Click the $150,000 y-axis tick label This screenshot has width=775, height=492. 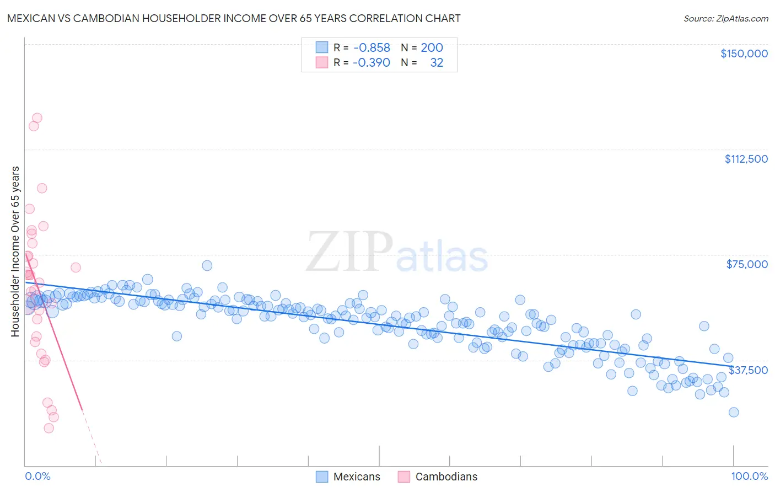pyautogui.click(x=744, y=54)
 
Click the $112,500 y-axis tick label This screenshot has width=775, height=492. pyautogui.click(x=746, y=159)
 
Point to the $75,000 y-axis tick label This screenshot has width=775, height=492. pyautogui.click(x=747, y=264)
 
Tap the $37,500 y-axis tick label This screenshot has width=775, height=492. pyautogui.click(x=748, y=370)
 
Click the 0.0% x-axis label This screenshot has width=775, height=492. pyautogui.click(x=37, y=476)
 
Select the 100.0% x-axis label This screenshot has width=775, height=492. pyautogui.click(x=749, y=476)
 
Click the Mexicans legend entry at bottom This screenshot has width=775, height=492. pyautogui.click(x=348, y=477)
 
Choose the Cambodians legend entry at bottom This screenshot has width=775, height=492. pyautogui.click(x=437, y=477)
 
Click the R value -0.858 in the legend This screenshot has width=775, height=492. pyautogui.click(x=372, y=48)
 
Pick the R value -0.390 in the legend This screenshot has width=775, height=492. pyautogui.click(x=372, y=62)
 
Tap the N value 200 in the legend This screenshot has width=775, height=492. pyautogui.click(x=432, y=48)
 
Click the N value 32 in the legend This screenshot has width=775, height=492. pyautogui.click(x=436, y=62)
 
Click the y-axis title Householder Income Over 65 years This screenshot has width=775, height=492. pyautogui.click(x=15, y=251)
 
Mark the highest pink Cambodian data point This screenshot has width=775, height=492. pyautogui.click(x=37, y=117)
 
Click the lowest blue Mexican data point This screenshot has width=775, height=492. pyautogui.click(x=733, y=412)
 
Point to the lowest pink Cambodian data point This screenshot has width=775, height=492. pyautogui.click(x=49, y=428)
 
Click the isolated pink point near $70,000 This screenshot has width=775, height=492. pyautogui.click(x=76, y=268)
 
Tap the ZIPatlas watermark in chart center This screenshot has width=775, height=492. pyautogui.click(x=397, y=253)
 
